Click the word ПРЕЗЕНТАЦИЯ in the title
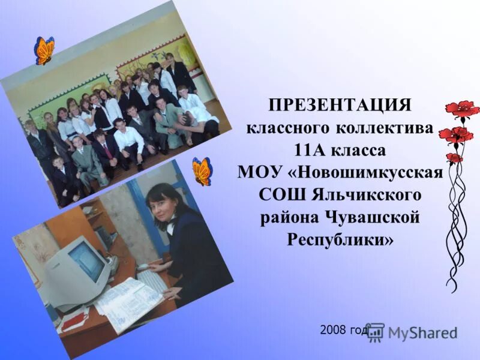(x=340, y=106)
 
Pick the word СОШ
(x=281, y=194)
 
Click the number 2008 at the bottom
(x=334, y=330)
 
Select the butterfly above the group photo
(x=44, y=50)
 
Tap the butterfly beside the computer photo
(x=202, y=171)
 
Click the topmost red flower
(x=463, y=109)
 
